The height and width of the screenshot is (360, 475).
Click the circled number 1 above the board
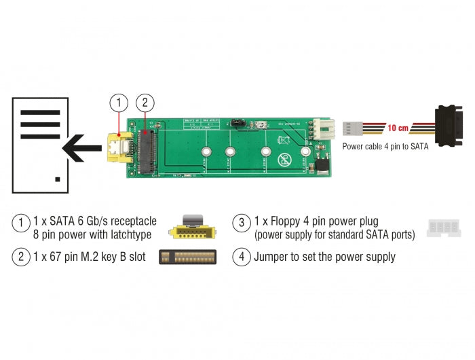pos(118,103)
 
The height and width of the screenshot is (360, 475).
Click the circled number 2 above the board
pos(144,103)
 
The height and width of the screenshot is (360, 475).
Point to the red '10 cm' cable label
pos(398,128)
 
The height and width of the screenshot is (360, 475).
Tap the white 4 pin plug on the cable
pos(351,128)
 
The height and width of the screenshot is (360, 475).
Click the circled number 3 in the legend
pos(241,223)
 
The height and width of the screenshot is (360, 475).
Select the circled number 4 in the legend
pos(241,257)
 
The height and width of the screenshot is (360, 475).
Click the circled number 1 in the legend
pos(21,223)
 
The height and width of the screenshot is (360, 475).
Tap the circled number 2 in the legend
pos(21,257)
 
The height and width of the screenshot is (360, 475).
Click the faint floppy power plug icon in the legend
pos(444,228)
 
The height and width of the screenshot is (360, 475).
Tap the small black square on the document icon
pos(58,179)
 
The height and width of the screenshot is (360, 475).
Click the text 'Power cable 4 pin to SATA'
pos(385,146)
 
